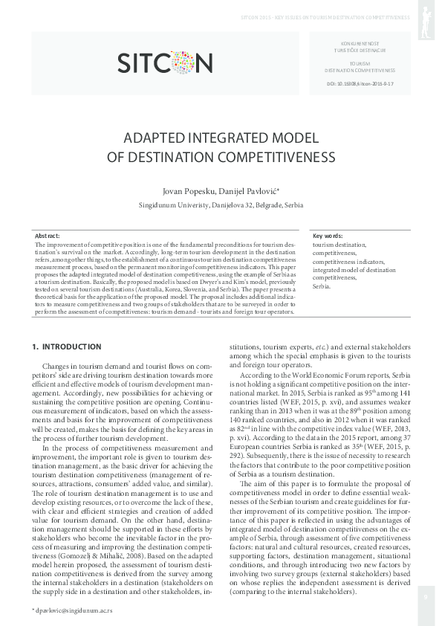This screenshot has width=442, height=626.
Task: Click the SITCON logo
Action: tap(166, 62)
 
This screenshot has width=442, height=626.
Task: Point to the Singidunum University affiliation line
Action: tap(221, 205)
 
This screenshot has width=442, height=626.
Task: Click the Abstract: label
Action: tap(48, 235)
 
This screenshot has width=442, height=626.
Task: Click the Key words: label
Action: tap(328, 235)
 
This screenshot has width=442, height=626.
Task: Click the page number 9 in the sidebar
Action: tap(426, 595)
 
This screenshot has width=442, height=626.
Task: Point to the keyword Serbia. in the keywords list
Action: tap(321, 285)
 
